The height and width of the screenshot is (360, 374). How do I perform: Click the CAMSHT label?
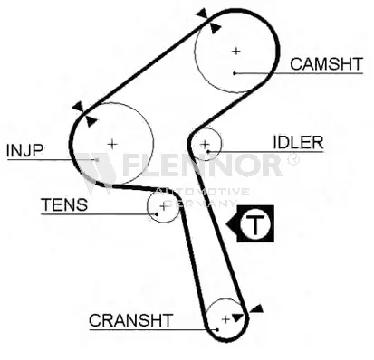pos(326,64)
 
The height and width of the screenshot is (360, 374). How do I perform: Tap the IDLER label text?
pos(298,142)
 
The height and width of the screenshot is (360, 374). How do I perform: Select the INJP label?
pos(24,150)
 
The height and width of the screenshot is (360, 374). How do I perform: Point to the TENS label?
pos(64,204)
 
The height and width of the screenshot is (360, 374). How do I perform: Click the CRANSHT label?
pos(130,320)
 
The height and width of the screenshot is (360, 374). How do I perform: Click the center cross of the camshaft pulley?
pos(236,51)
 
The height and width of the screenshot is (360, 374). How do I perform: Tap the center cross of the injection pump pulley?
pos(112,144)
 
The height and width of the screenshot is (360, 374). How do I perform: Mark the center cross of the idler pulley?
pos(205,145)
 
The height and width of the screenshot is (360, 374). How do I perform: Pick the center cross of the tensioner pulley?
pos(163,207)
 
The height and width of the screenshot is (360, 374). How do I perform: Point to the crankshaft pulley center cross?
pos(225,319)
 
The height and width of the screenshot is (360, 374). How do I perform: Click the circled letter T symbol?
pos(255,223)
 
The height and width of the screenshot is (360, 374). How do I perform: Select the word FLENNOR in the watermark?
pos(202,166)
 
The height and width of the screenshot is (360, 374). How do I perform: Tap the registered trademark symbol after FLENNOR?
pos(292,159)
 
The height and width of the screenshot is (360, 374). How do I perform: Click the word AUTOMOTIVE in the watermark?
pos(202,192)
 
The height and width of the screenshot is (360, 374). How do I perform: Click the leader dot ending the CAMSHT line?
pos(235,73)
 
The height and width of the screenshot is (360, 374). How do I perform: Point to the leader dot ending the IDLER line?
pos(208,151)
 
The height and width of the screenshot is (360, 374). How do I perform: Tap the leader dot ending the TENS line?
pos(157,214)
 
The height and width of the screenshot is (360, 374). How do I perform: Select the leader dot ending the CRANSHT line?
pos(217,330)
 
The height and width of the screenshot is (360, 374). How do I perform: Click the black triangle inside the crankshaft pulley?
pos(238,317)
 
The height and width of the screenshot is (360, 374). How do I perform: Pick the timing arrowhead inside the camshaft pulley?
pos(215,28)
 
